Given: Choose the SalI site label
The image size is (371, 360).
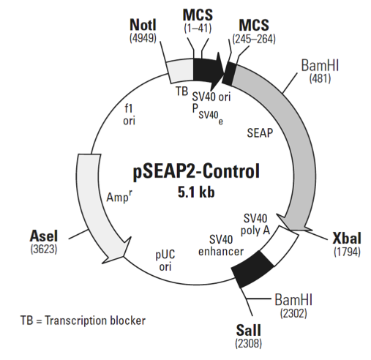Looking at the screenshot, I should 249,330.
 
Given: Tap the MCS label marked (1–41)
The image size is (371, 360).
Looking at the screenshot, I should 200,17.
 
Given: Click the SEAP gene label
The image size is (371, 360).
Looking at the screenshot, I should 261,134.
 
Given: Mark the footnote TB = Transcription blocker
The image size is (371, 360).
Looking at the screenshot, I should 83,320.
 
